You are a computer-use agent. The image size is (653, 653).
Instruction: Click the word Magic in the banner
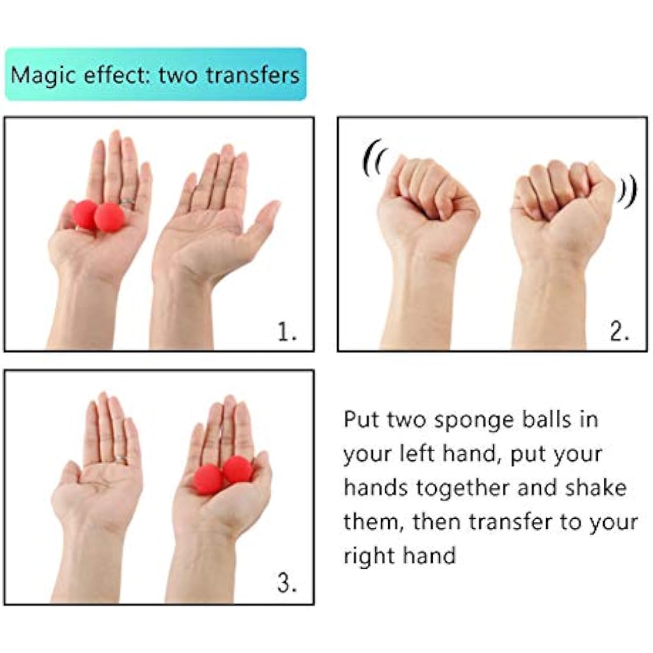click(x=42, y=75)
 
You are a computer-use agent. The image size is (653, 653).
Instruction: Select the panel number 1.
click(x=287, y=333)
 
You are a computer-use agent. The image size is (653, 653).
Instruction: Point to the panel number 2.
click(x=619, y=332)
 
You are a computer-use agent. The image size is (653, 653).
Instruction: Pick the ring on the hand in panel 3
click(x=121, y=459)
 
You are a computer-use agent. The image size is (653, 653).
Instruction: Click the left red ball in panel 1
click(x=85, y=214)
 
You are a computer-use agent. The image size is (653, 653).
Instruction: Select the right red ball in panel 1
click(x=109, y=217)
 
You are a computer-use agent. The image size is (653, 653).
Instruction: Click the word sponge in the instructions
click(x=470, y=420)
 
